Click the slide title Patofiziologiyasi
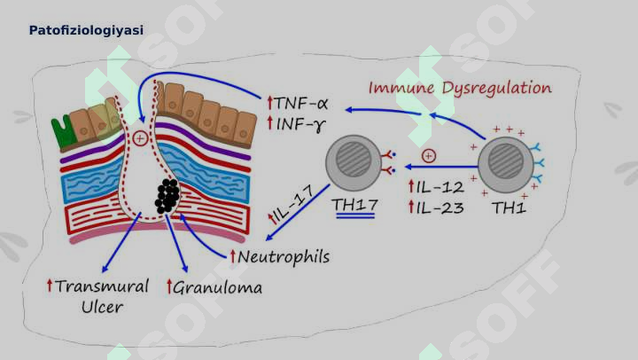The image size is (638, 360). click(86, 30)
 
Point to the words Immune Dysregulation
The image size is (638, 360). click(460, 89)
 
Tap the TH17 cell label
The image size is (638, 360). click(354, 205)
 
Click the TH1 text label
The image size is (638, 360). click(509, 208)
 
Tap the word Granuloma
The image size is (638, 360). click(218, 288)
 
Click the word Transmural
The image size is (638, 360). click(102, 286)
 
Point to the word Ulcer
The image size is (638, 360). click(102, 307)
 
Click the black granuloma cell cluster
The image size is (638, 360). click(167, 196)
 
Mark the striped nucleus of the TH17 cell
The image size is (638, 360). click(354, 160)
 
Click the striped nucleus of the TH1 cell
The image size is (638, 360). click(505, 160)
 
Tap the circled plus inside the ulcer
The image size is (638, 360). click(140, 138)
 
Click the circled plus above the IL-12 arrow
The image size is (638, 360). click(429, 155)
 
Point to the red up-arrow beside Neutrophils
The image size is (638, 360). click(233, 256)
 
